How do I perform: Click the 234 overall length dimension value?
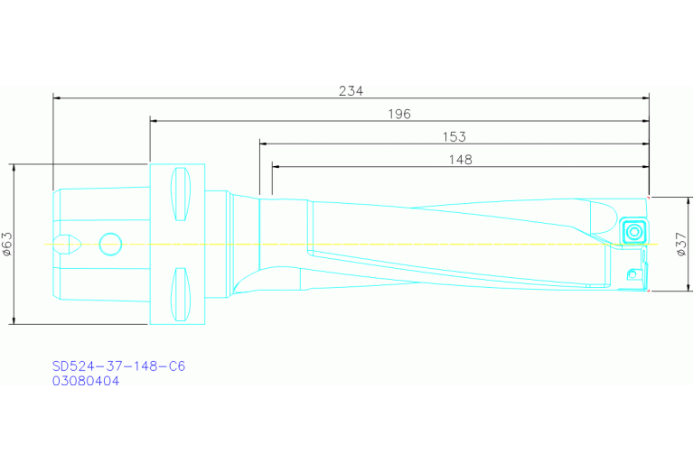pyautogui.click(x=351, y=90)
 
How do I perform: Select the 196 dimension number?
pyautogui.click(x=398, y=114)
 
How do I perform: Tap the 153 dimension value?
pyautogui.click(x=454, y=137)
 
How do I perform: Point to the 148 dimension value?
pyautogui.click(x=459, y=160)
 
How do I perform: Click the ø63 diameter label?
pyautogui.click(x=7, y=244)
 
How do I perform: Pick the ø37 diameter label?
pyautogui.click(x=681, y=244)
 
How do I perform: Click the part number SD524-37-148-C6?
pyautogui.click(x=118, y=366)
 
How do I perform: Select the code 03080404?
pyautogui.click(x=86, y=381)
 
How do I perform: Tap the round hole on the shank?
pyautogui.click(x=110, y=243)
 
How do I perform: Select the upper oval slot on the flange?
pyautogui.click(x=182, y=194)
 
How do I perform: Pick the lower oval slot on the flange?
pyautogui.click(x=182, y=294)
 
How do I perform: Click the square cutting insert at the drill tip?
pyautogui.click(x=634, y=229)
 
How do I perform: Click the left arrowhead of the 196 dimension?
pyautogui.click(x=154, y=120)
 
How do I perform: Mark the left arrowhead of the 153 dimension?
pyautogui.click(x=264, y=143)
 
